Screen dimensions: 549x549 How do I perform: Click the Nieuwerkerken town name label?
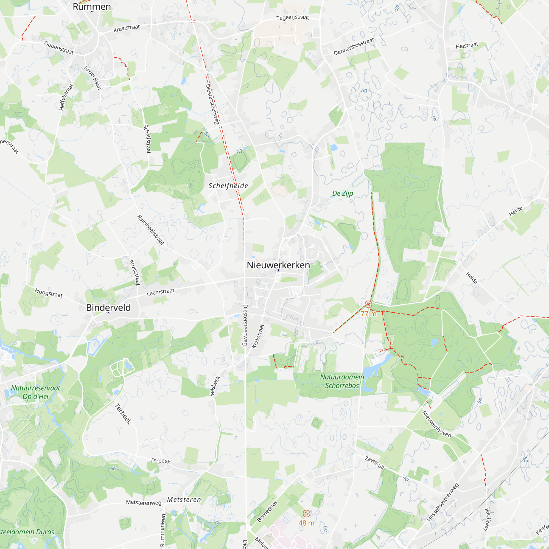tap(278, 265)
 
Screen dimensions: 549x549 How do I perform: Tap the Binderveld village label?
tap(108, 307)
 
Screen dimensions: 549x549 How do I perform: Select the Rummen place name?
tap(91, 7)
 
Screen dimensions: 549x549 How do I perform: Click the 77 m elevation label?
tap(368, 314)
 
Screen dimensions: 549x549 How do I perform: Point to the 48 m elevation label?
tap(306, 523)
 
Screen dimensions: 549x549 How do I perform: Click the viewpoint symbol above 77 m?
tap(368, 305)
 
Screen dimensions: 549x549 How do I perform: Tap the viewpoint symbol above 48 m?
tap(306, 514)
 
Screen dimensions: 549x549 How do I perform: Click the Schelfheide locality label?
tap(228, 186)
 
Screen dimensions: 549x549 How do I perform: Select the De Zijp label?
tap(342, 194)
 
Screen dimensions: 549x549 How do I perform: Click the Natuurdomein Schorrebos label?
tap(342, 381)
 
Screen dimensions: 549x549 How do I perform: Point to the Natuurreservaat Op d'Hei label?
tap(35, 393)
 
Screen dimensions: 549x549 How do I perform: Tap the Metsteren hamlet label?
tap(184, 500)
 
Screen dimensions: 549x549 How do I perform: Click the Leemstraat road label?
tap(161, 292)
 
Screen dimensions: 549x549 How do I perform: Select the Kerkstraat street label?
tap(258, 337)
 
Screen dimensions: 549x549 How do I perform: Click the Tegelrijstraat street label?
tap(292, 17)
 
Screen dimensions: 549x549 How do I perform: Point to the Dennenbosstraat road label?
tap(354, 47)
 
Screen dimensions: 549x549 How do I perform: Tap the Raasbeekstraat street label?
tap(151, 230)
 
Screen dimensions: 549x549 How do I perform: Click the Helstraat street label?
tap(467, 46)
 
